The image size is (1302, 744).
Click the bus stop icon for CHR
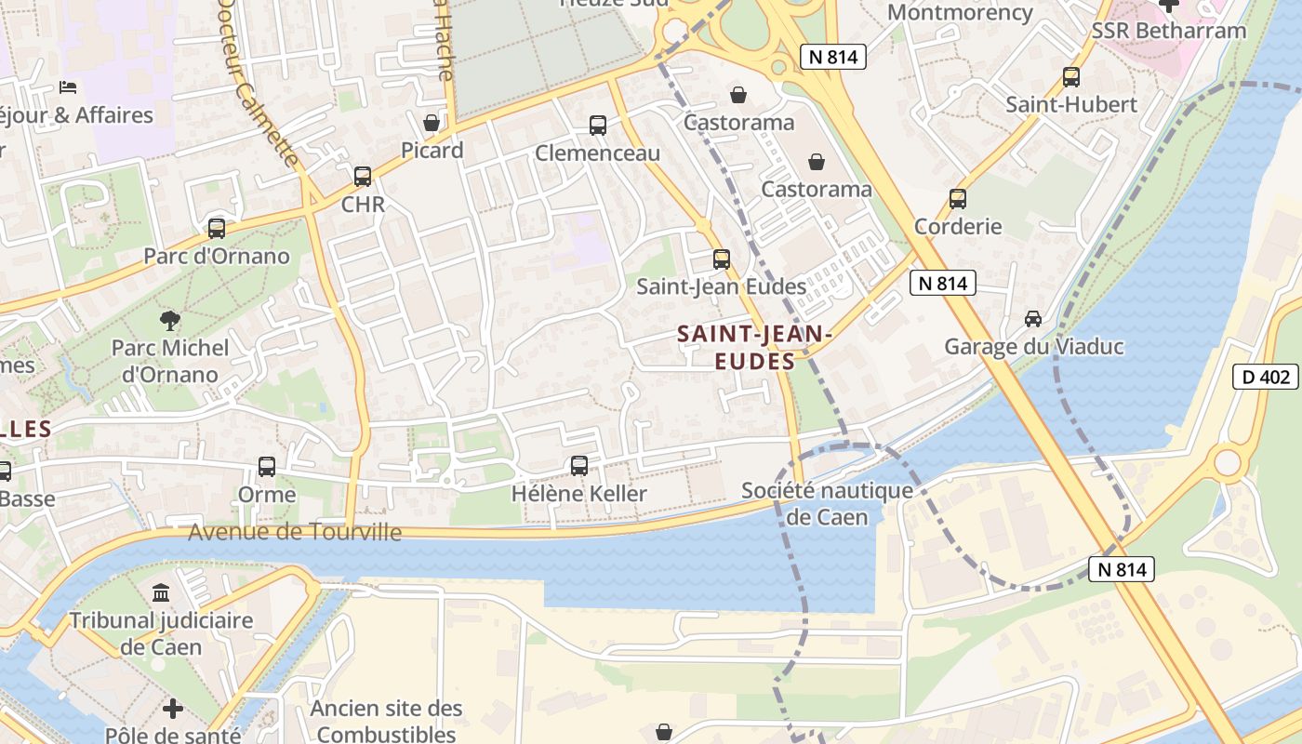(x=363, y=176)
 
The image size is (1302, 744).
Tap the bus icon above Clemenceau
(x=598, y=125)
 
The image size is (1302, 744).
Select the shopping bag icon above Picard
(x=432, y=122)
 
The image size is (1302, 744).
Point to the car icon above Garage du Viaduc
(x=1033, y=319)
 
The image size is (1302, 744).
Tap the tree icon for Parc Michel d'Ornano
(x=169, y=321)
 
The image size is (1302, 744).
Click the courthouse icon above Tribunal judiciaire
(x=161, y=592)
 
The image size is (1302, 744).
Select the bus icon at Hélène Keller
(x=579, y=465)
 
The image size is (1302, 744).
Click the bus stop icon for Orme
(x=267, y=466)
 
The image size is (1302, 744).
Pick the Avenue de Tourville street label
(x=295, y=533)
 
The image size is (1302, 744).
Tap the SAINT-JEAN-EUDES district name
(x=754, y=347)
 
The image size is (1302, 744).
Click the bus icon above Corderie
(x=958, y=198)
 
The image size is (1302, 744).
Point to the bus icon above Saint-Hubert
(x=1071, y=76)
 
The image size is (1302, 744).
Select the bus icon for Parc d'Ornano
(x=217, y=228)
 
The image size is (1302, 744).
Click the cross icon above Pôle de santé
(x=173, y=709)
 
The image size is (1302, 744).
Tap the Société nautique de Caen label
(x=827, y=503)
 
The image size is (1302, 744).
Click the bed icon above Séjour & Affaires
(x=68, y=87)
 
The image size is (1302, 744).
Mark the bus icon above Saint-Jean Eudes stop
(x=722, y=259)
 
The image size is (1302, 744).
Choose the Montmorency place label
(x=960, y=12)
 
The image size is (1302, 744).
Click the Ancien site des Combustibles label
(x=386, y=721)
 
